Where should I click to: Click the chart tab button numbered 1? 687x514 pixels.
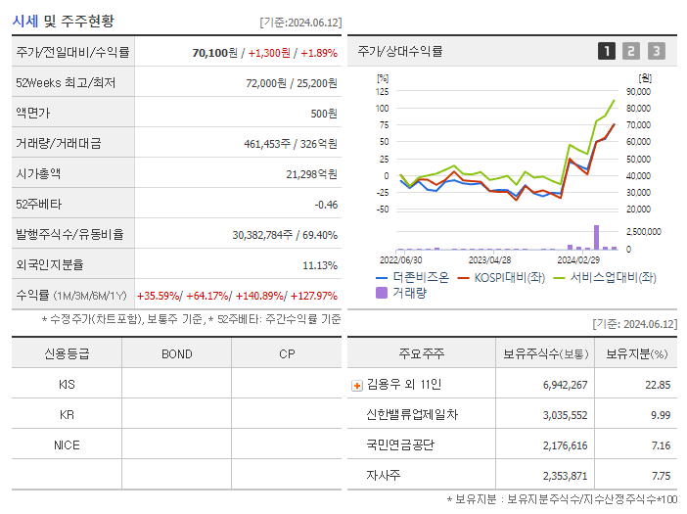click(607, 51)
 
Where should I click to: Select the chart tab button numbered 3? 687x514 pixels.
click(656, 51)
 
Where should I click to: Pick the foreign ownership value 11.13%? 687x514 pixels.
click(320, 265)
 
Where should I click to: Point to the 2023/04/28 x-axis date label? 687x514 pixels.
click(490, 260)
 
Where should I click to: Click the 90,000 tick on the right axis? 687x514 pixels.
click(638, 91)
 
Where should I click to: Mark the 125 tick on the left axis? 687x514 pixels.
click(383, 91)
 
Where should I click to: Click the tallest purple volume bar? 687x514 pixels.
click(596, 237)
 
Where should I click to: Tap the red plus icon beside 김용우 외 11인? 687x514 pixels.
click(356, 386)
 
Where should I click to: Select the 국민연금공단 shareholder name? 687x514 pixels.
click(400, 444)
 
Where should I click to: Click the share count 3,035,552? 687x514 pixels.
click(565, 415)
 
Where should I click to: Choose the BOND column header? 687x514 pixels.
click(176, 354)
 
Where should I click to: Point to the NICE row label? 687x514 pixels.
click(67, 444)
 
